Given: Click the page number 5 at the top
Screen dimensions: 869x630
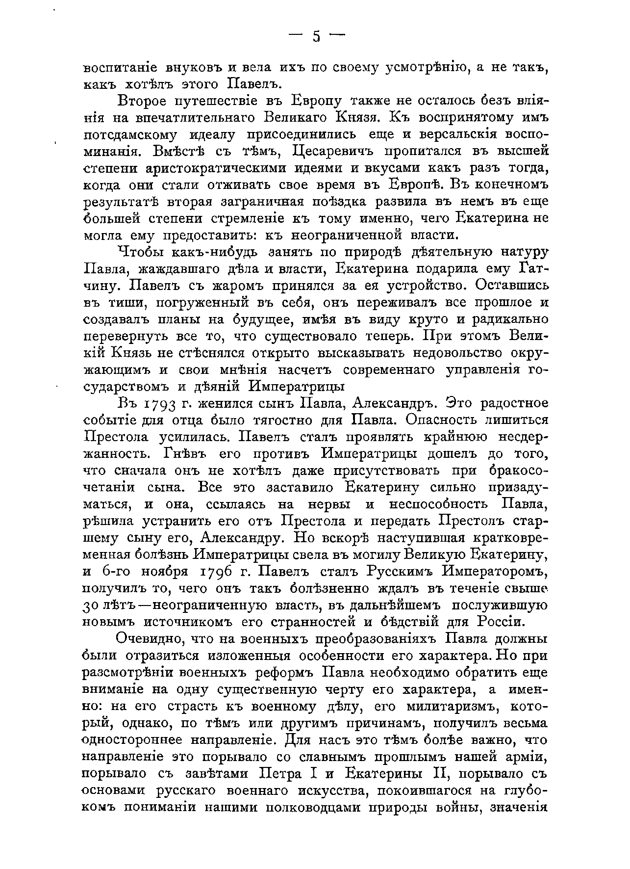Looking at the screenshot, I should click(x=316, y=36).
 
